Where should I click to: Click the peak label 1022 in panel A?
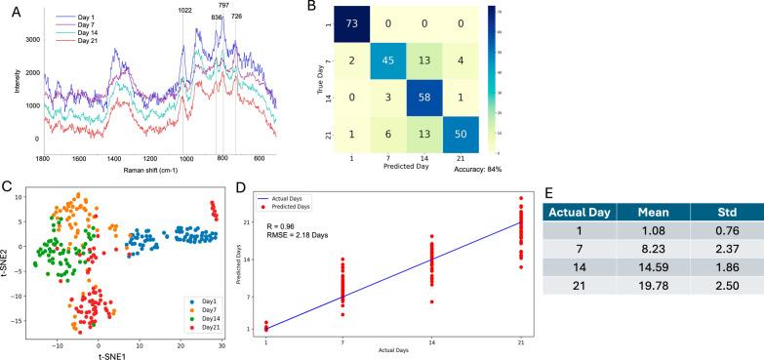184,11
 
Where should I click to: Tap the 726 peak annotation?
236,17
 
